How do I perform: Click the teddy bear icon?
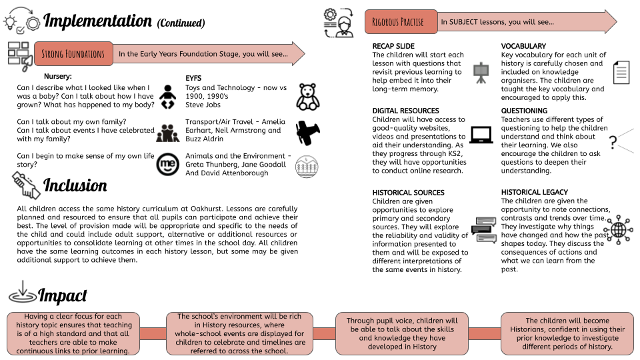tap(308, 97)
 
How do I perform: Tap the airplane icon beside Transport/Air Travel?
tap(308, 132)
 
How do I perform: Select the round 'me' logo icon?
tap(168, 165)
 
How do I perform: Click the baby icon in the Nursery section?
tap(167, 97)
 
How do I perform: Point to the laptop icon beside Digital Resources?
tap(481, 135)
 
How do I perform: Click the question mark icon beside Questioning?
tap(613, 142)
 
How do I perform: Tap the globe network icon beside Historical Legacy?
tap(619, 230)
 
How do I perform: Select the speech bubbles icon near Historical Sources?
tap(484, 230)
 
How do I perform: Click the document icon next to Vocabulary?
tap(621, 72)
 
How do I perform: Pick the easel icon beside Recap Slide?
tap(481, 73)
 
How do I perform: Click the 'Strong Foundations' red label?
tap(73, 54)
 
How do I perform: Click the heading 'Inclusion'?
tap(75, 185)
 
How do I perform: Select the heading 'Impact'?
tap(63, 295)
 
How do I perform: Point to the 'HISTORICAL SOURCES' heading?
tap(408, 193)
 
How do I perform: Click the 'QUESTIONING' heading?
tap(524, 111)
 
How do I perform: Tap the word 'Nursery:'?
tap(58, 76)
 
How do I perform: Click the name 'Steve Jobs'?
tap(203, 105)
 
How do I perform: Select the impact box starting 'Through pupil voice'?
tap(402, 334)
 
